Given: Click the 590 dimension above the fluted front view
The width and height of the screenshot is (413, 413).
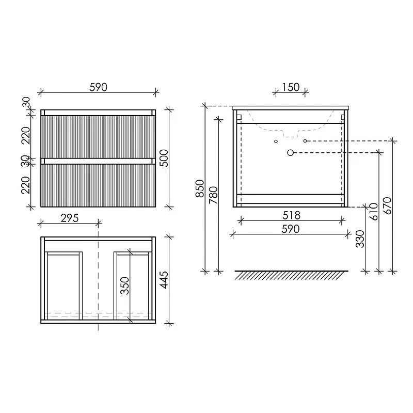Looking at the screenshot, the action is pyautogui.click(x=98, y=87).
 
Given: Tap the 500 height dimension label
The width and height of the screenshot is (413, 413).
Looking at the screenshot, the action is pyautogui.click(x=164, y=158).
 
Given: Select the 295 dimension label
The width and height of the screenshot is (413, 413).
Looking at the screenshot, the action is pyautogui.click(x=70, y=218).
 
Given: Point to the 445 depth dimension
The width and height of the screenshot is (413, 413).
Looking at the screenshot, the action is pyautogui.click(x=164, y=280).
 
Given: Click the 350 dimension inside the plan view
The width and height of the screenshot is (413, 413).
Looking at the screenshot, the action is pyautogui.click(x=125, y=285).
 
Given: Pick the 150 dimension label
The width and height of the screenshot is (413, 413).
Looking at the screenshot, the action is pyautogui.click(x=291, y=87).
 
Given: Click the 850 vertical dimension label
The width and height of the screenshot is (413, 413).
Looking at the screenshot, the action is pyautogui.click(x=200, y=188).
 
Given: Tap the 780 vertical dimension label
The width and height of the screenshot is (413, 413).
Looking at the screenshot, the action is pyautogui.click(x=213, y=195).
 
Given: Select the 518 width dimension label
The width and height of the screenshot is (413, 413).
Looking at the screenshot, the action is pyautogui.click(x=291, y=215).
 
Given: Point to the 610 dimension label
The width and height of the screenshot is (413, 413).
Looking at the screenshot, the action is pyautogui.click(x=373, y=212).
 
